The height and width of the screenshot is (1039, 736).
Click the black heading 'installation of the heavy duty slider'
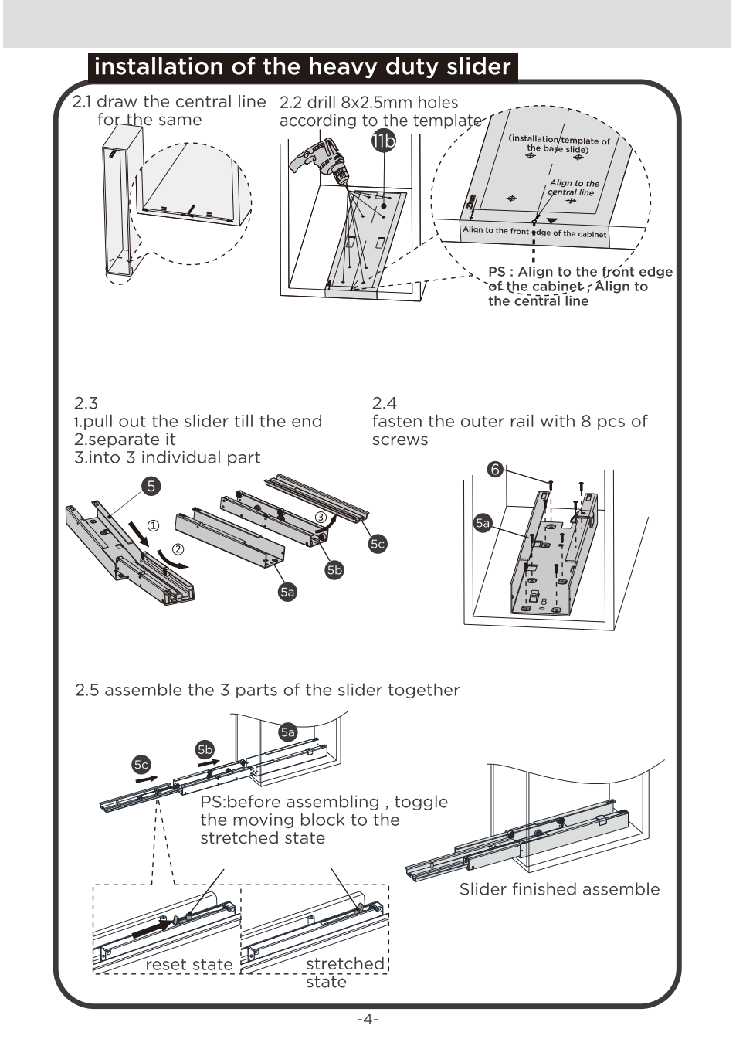tap(303, 66)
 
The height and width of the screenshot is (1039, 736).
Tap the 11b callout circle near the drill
tap(382, 141)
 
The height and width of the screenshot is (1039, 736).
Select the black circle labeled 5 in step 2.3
tap(151, 486)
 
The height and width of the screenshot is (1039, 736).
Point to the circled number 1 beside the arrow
tap(153, 526)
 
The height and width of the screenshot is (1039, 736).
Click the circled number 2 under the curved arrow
tap(178, 550)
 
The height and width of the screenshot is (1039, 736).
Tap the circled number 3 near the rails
tap(321, 517)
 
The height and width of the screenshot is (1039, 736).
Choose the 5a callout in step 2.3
tap(287, 592)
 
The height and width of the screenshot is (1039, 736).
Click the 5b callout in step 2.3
tap(334, 570)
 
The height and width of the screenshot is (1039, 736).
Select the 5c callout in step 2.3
tap(377, 544)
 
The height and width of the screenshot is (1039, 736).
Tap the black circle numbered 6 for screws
tap(495, 469)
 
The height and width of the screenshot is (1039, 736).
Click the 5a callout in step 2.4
tap(483, 523)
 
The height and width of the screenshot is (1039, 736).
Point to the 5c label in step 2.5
tap(141, 765)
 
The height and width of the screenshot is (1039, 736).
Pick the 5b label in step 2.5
tap(205, 749)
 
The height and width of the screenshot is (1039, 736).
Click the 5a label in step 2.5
tap(288, 732)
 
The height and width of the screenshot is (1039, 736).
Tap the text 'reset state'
tap(189, 964)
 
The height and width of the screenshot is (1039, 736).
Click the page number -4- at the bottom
tap(368, 1019)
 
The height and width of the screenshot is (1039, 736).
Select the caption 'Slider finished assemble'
tap(559, 889)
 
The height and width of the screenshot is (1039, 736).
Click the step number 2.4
tap(384, 402)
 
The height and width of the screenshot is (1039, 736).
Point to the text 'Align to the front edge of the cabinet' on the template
tap(534, 232)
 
